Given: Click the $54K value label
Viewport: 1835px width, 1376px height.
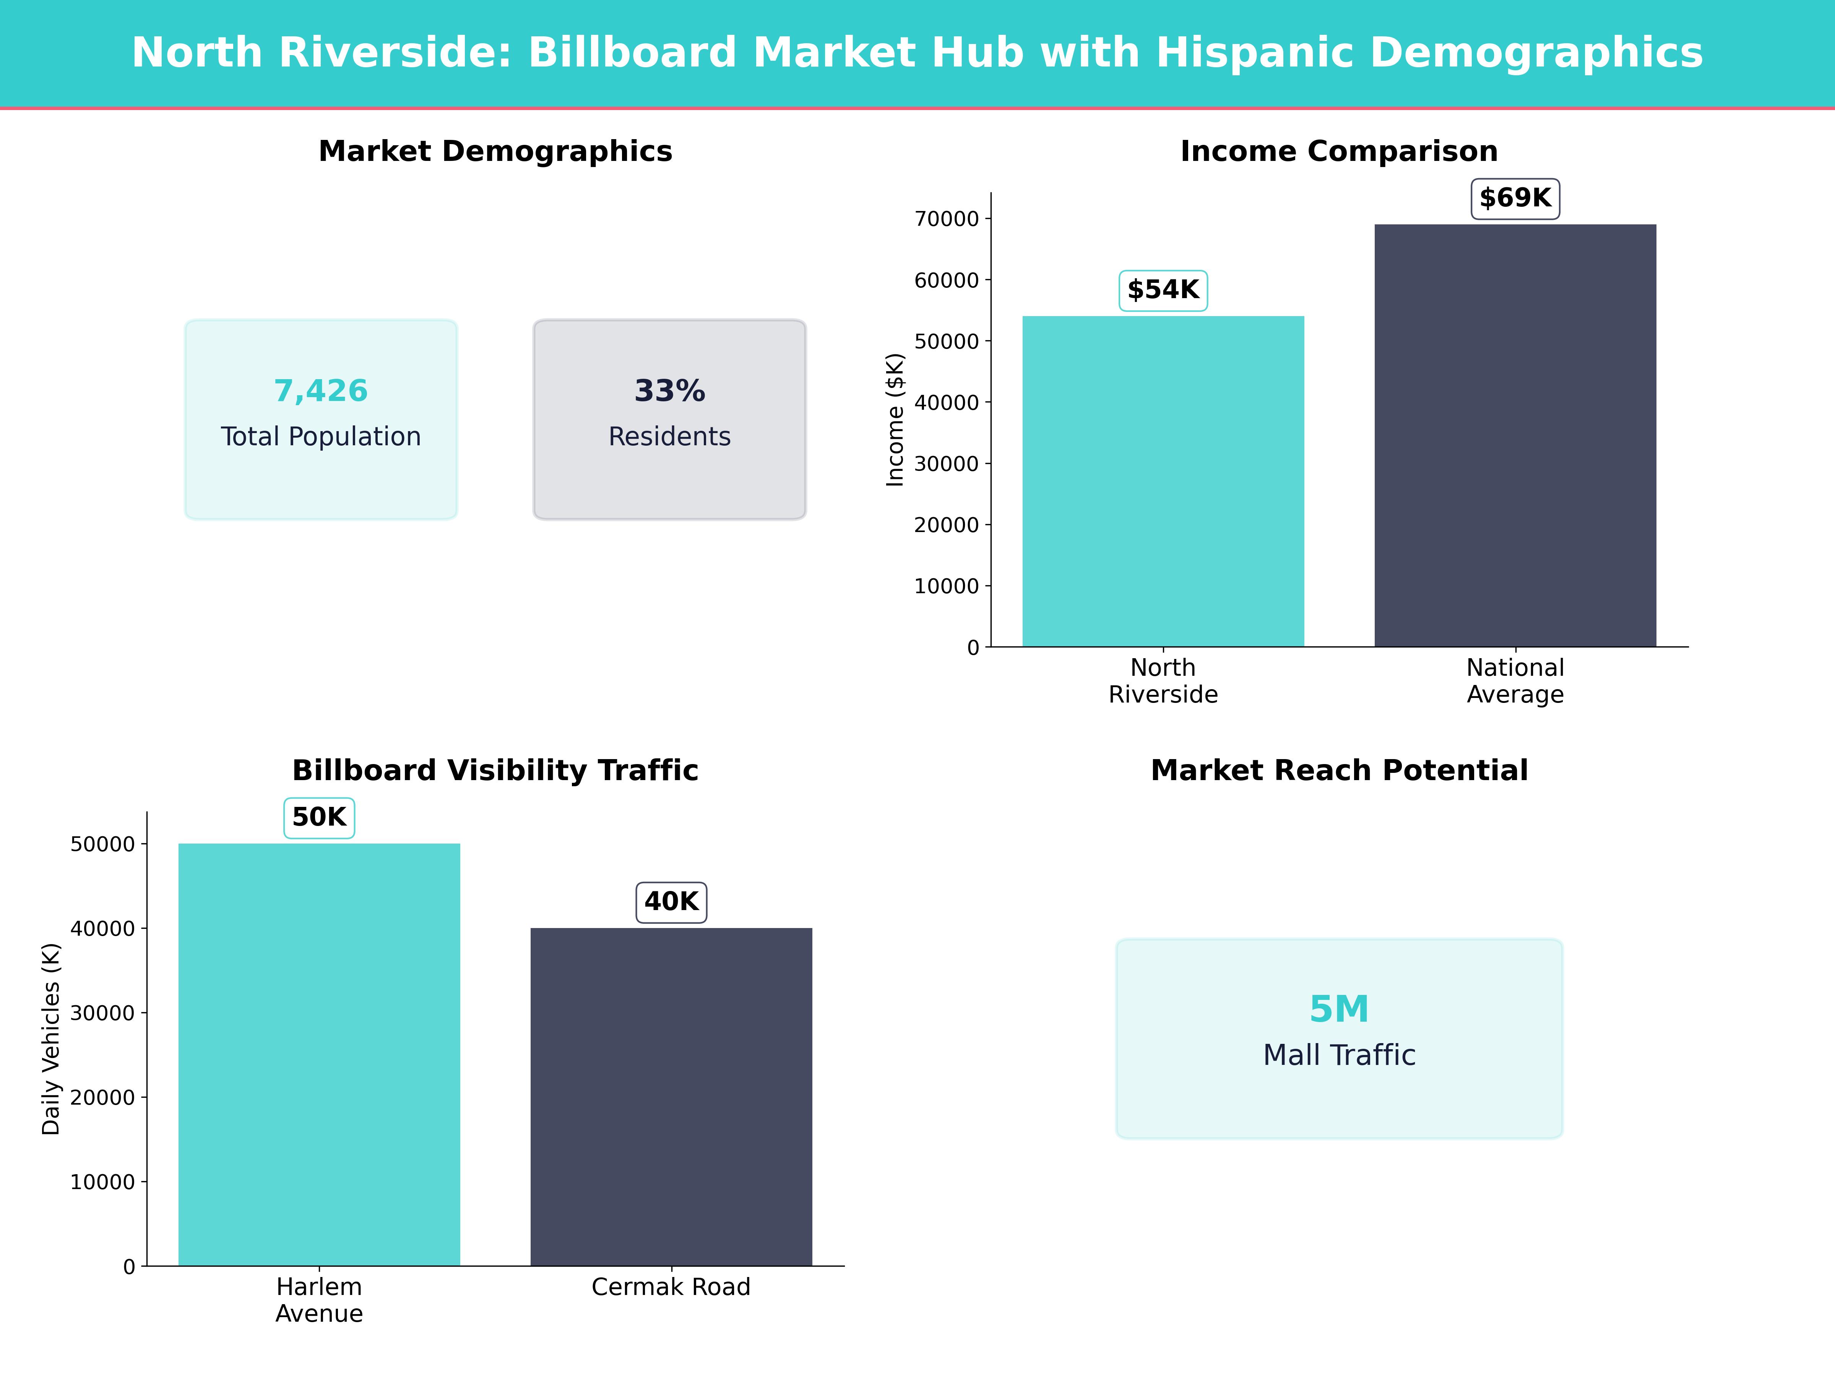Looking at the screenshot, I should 1163,290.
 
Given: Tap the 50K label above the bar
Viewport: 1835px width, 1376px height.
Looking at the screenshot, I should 319,818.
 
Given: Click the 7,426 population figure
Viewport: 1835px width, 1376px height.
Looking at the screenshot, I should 321,391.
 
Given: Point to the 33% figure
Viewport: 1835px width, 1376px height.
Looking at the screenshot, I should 669,391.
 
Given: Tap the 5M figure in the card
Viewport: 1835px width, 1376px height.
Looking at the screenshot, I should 1339,1009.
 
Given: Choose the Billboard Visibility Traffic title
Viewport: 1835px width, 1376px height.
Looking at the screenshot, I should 495,771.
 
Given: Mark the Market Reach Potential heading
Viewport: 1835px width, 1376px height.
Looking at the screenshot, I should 1339,771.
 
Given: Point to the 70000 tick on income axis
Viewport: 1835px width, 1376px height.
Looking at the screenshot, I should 947,219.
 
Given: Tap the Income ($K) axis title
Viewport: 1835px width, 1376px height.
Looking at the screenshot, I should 895,420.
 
